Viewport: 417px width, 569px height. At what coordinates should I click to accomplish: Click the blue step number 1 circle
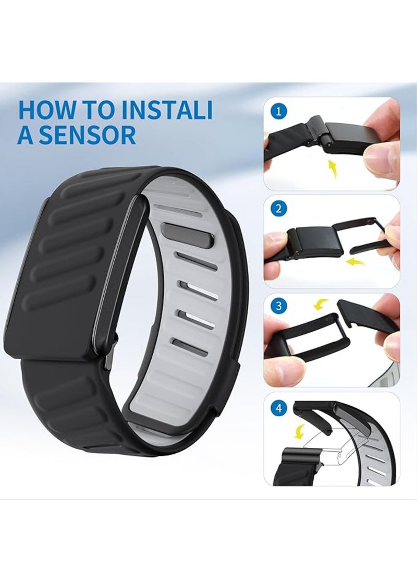280,111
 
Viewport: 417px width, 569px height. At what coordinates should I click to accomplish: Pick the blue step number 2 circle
280,210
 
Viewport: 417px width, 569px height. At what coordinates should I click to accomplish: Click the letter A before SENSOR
27,135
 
